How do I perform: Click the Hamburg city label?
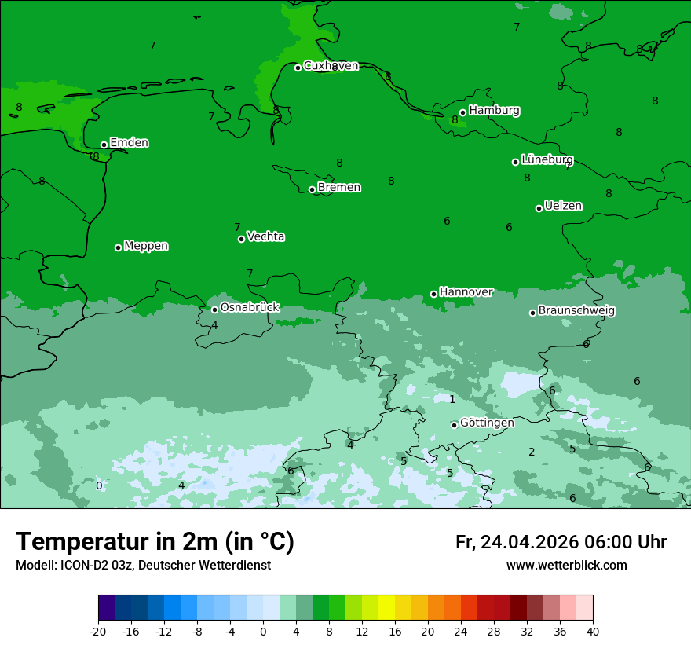[494, 111]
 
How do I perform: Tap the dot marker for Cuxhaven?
[298, 68]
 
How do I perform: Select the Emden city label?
[129, 143]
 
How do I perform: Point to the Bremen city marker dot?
[312, 189]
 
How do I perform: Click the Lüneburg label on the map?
[547, 160]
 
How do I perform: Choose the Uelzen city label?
[563, 207]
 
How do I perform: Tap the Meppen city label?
[146, 246]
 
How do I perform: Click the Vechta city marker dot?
[241, 239]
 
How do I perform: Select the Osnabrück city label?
[250, 308]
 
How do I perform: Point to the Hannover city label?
[466, 292]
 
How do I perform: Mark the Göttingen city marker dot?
[454, 425]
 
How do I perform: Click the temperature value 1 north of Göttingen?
[452, 399]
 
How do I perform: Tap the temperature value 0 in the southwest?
[99, 485]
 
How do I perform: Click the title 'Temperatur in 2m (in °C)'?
[155, 542]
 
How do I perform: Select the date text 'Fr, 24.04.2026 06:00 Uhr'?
[561, 542]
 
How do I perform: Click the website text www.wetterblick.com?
[566, 566]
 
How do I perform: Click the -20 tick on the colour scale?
[98, 631]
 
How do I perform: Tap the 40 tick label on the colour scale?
[592, 631]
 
